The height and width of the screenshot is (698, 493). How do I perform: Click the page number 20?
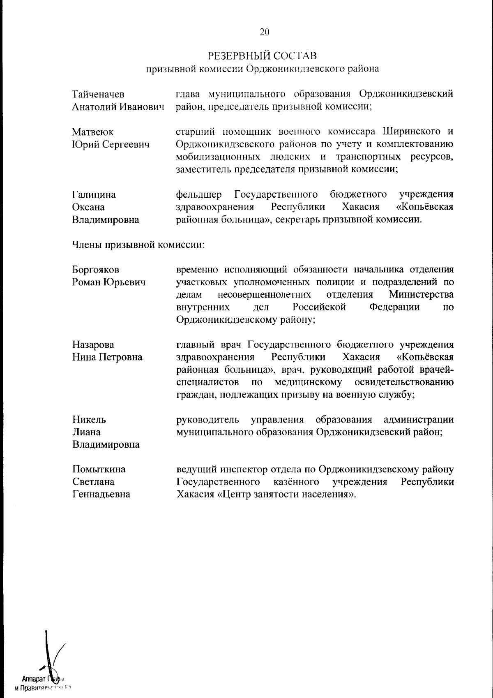tap(265, 32)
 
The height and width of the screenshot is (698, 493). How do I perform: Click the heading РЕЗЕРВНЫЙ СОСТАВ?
tap(263, 55)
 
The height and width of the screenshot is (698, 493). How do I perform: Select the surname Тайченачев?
tap(98, 95)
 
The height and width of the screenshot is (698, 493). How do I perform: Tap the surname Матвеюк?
tap(93, 132)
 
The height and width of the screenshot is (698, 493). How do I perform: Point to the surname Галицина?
tap(94, 194)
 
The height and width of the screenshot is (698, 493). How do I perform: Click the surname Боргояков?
tap(96, 270)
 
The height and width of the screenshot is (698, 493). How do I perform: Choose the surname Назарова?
tap(93, 344)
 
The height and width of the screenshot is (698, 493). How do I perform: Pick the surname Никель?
tap(89, 419)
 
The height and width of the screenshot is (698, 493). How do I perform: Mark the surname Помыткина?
tap(99, 469)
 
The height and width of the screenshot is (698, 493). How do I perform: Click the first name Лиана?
tap(87, 432)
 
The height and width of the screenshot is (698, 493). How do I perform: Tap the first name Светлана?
tap(93, 482)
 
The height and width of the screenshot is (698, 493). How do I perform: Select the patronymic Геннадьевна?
tap(101, 494)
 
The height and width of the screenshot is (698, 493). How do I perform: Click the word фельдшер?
tap(199, 194)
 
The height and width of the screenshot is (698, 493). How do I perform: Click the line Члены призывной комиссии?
tap(138, 245)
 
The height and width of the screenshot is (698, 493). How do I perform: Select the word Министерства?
tap(422, 295)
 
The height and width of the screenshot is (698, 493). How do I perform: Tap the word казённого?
tap(296, 482)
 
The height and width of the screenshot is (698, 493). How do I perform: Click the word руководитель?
tap(207, 419)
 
